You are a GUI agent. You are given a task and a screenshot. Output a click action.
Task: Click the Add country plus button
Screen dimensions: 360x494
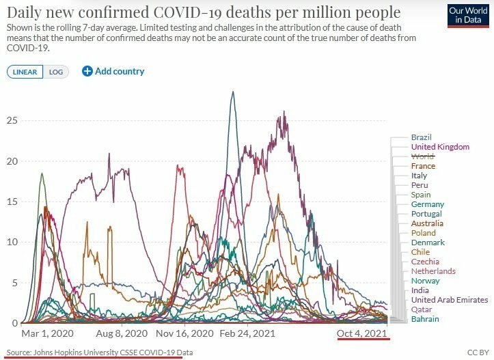pos(87,71)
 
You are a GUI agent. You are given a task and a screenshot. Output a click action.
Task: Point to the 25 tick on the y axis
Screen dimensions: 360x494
pos(11,121)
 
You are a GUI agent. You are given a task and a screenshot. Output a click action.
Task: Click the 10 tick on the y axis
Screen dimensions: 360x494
pos(11,242)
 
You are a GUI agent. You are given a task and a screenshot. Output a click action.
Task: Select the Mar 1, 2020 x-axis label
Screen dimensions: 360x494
pos(47,334)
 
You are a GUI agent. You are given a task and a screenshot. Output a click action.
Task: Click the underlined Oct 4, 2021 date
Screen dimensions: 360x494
pos(363,334)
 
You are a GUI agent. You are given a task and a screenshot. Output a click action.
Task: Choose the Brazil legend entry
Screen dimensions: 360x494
pos(422,137)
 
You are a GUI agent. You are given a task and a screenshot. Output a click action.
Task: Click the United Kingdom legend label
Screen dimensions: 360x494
pos(440,147)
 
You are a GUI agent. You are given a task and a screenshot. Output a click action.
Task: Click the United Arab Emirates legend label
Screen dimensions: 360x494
pos(450,300)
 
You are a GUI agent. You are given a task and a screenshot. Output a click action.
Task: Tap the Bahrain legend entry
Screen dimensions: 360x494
pos(425,319)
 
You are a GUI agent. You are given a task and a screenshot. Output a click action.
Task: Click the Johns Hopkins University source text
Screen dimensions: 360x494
pos(96,352)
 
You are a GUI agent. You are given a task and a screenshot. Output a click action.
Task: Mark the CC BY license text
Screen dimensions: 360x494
pos(477,352)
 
